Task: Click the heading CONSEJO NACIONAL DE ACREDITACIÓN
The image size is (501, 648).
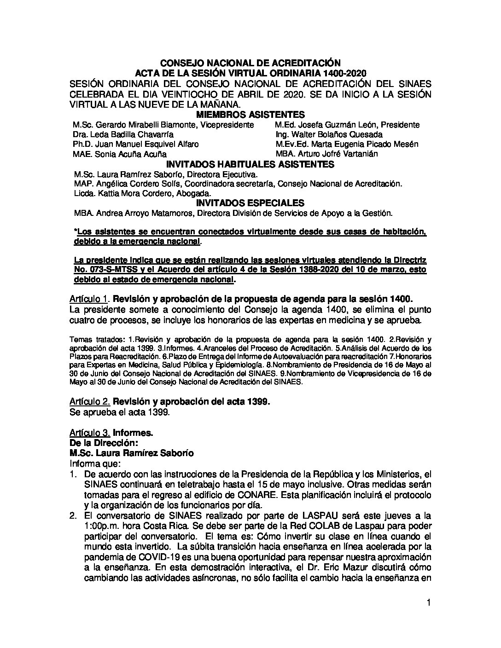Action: coord(250,63)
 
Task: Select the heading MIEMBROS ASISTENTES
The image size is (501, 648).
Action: coord(250,115)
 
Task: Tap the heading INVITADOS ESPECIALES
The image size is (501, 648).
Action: coord(250,203)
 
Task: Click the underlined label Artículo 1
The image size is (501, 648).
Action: coord(90,299)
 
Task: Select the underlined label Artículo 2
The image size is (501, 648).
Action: coord(90,402)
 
